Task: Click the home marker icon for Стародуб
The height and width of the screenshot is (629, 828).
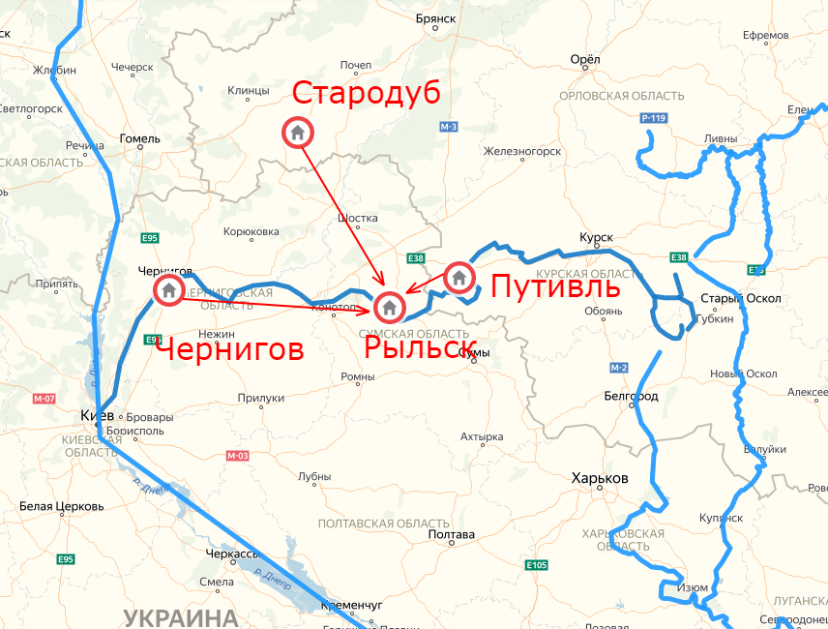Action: tap(297, 132)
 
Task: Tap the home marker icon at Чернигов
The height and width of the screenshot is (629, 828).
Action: tap(168, 289)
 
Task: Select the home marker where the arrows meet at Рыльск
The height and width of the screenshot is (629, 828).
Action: tap(389, 308)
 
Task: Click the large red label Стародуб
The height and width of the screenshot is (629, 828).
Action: tap(366, 94)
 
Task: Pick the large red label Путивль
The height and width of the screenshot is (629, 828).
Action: tap(554, 287)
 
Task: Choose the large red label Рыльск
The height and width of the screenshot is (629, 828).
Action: tap(420, 347)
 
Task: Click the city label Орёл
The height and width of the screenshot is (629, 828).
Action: tap(586, 60)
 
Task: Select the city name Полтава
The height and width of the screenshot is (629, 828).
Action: tap(451, 534)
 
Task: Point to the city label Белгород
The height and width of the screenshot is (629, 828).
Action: tap(631, 396)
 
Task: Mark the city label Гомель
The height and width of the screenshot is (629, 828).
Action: tap(139, 138)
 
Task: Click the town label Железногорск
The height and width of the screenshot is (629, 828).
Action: tap(522, 151)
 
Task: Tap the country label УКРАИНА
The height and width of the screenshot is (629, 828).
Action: tap(182, 616)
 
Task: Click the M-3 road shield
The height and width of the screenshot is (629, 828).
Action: tap(448, 128)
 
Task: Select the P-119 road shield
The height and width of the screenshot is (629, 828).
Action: tap(654, 118)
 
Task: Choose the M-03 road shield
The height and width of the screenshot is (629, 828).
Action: tap(238, 455)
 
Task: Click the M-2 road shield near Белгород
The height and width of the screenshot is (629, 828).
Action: tap(619, 369)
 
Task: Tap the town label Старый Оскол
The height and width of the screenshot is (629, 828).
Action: tap(740, 298)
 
